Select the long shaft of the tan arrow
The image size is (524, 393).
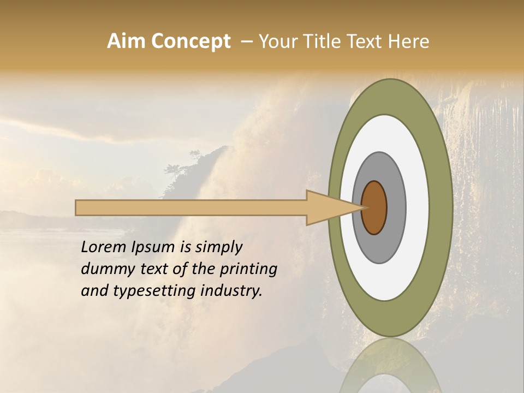pos(191,207)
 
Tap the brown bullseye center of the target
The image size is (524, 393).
pos(374,207)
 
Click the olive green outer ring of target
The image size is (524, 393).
pos(442,207)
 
